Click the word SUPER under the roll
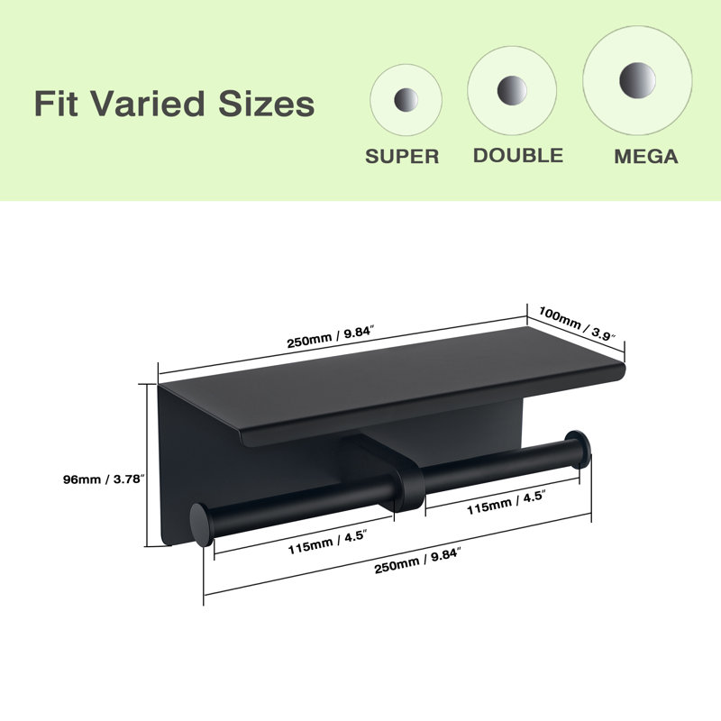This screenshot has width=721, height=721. coord(402,156)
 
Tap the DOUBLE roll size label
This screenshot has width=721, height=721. coord(518,155)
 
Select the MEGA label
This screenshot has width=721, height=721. coord(646,156)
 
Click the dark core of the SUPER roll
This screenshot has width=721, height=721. coord(406,99)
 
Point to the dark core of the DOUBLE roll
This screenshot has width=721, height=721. coord(512,91)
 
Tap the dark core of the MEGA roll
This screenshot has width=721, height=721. coord(637,80)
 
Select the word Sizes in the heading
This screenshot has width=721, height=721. coord(266,104)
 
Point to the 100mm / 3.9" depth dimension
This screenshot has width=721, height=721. coord(580,324)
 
